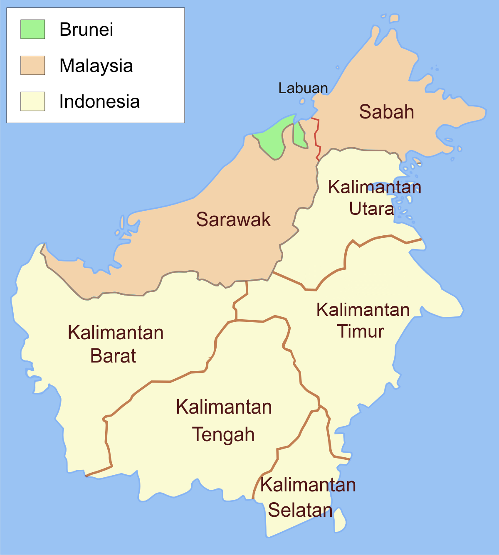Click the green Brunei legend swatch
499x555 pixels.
click(x=33, y=29)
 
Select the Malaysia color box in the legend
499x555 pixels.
click(x=33, y=65)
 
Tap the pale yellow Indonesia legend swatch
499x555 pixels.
click(x=33, y=101)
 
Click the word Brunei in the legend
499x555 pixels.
click(x=86, y=30)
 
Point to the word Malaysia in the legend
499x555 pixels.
click(x=96, y=66)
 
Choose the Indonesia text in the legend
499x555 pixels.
click(x=99, y=102)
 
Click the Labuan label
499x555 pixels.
click(x=303, y=88)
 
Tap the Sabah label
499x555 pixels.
click(x=386, y=112)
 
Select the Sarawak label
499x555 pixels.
click(x=233, y=220)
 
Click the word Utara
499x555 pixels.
click(x=371, y=209)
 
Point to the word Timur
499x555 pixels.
click(x=360, y=331)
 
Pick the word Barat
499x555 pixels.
click(x=113, y=356)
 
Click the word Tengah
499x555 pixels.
click(x=223, y=435)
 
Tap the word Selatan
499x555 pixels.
click(x=300, y=510)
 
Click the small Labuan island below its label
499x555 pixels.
click(x=303, y=101)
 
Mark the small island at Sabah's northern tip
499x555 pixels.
click(x=394, y=18)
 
